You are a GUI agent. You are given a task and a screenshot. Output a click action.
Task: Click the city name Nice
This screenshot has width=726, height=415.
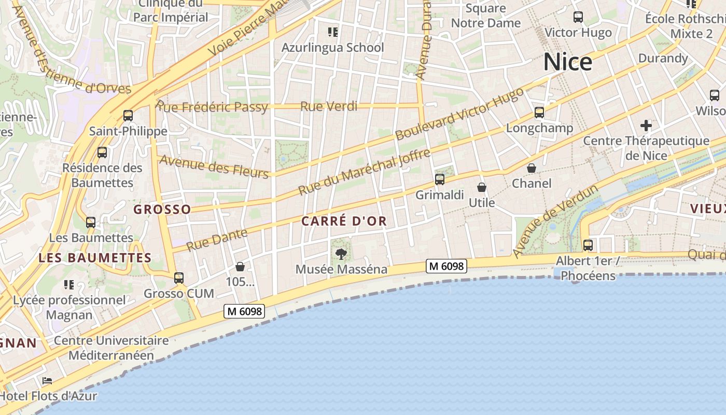568,62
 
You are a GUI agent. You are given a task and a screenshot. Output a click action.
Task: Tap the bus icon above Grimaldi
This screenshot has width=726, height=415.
440,179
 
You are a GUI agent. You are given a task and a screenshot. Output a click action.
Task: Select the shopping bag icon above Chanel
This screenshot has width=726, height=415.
532,168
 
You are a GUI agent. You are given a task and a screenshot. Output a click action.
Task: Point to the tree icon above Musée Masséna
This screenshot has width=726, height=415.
341,254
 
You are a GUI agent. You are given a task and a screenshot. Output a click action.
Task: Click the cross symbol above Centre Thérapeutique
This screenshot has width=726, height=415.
646,125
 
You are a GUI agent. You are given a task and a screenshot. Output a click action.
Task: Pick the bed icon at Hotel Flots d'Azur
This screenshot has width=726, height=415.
47,381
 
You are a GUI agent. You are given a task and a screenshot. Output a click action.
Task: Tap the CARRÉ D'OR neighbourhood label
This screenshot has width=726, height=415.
344,221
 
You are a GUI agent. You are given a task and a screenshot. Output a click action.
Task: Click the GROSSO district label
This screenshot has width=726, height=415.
162,210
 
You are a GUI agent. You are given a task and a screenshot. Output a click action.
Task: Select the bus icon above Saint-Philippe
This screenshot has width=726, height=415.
128,115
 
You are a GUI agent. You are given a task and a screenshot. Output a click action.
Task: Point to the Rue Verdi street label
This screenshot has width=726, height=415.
329,106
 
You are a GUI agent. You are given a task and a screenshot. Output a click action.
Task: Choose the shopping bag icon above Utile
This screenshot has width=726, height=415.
482,187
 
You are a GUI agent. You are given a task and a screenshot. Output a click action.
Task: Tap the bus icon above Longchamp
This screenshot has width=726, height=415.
539,112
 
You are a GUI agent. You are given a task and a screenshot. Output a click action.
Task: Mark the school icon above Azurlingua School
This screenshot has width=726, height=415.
333,32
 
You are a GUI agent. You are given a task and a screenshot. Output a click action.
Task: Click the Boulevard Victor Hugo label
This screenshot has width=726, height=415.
459,114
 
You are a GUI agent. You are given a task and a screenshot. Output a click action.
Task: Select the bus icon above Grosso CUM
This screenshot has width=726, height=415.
179,278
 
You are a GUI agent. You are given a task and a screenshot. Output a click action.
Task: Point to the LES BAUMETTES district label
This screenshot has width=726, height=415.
95,258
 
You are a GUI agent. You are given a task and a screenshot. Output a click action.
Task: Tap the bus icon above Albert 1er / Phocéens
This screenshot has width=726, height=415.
588,245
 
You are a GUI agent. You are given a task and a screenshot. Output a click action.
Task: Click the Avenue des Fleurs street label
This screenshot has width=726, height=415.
214,166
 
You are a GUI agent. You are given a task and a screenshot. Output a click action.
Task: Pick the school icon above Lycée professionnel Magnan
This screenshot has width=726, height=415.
69,284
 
